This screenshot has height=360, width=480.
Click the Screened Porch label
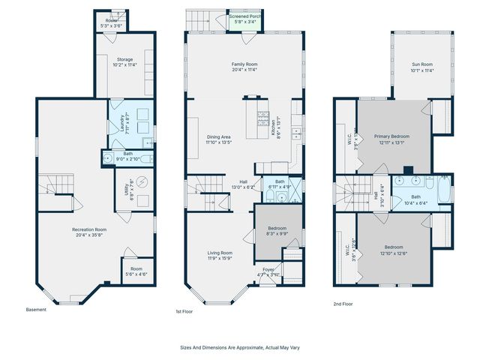pyautogui.click(x=244, y=16)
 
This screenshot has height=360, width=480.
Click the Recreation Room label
pyautogui.click(x=89, y=229)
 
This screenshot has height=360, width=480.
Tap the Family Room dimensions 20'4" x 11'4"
pyautogui.click(x=244, y=70)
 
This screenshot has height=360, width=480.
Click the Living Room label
pyautogui.click(x=220, y=253)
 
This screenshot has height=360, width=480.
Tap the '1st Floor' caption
pyautogui.click(x=184, y=310)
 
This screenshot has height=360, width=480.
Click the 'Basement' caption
pyautogui.click(x=36, y=310)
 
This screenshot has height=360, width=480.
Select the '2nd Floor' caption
pyautogui.click(x=343, y=304)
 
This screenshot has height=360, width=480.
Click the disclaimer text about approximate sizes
pyautogui.click(x=239, y=347)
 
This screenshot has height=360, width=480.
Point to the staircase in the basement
pyautogui.click(x=58, y=184)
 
